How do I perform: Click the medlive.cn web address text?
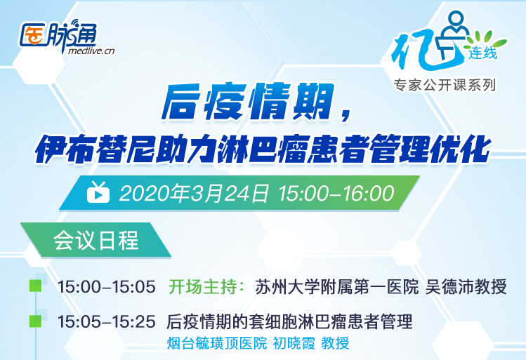pos(91,51)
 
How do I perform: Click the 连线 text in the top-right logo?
pos(482,53)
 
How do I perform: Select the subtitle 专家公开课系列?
pos(445,85)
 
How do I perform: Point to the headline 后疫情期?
pos(249,102)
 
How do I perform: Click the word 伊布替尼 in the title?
pos(95,149)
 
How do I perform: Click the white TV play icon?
pos(98,192)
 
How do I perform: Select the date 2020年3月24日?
pos(194,194)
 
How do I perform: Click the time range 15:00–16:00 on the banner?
pos(336,194)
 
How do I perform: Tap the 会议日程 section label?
pos(96,240)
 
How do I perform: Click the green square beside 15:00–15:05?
pos(35,286)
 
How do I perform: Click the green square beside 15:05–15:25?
pos(35,321)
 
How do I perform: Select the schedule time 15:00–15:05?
pos(107,287)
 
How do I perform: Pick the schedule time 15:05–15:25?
pos(107,322)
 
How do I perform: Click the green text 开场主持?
pos(202,287)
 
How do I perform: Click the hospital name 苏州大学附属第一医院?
pos(337,287)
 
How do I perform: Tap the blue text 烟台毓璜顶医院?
pos(217,343)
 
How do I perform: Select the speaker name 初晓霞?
pos(294,343)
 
